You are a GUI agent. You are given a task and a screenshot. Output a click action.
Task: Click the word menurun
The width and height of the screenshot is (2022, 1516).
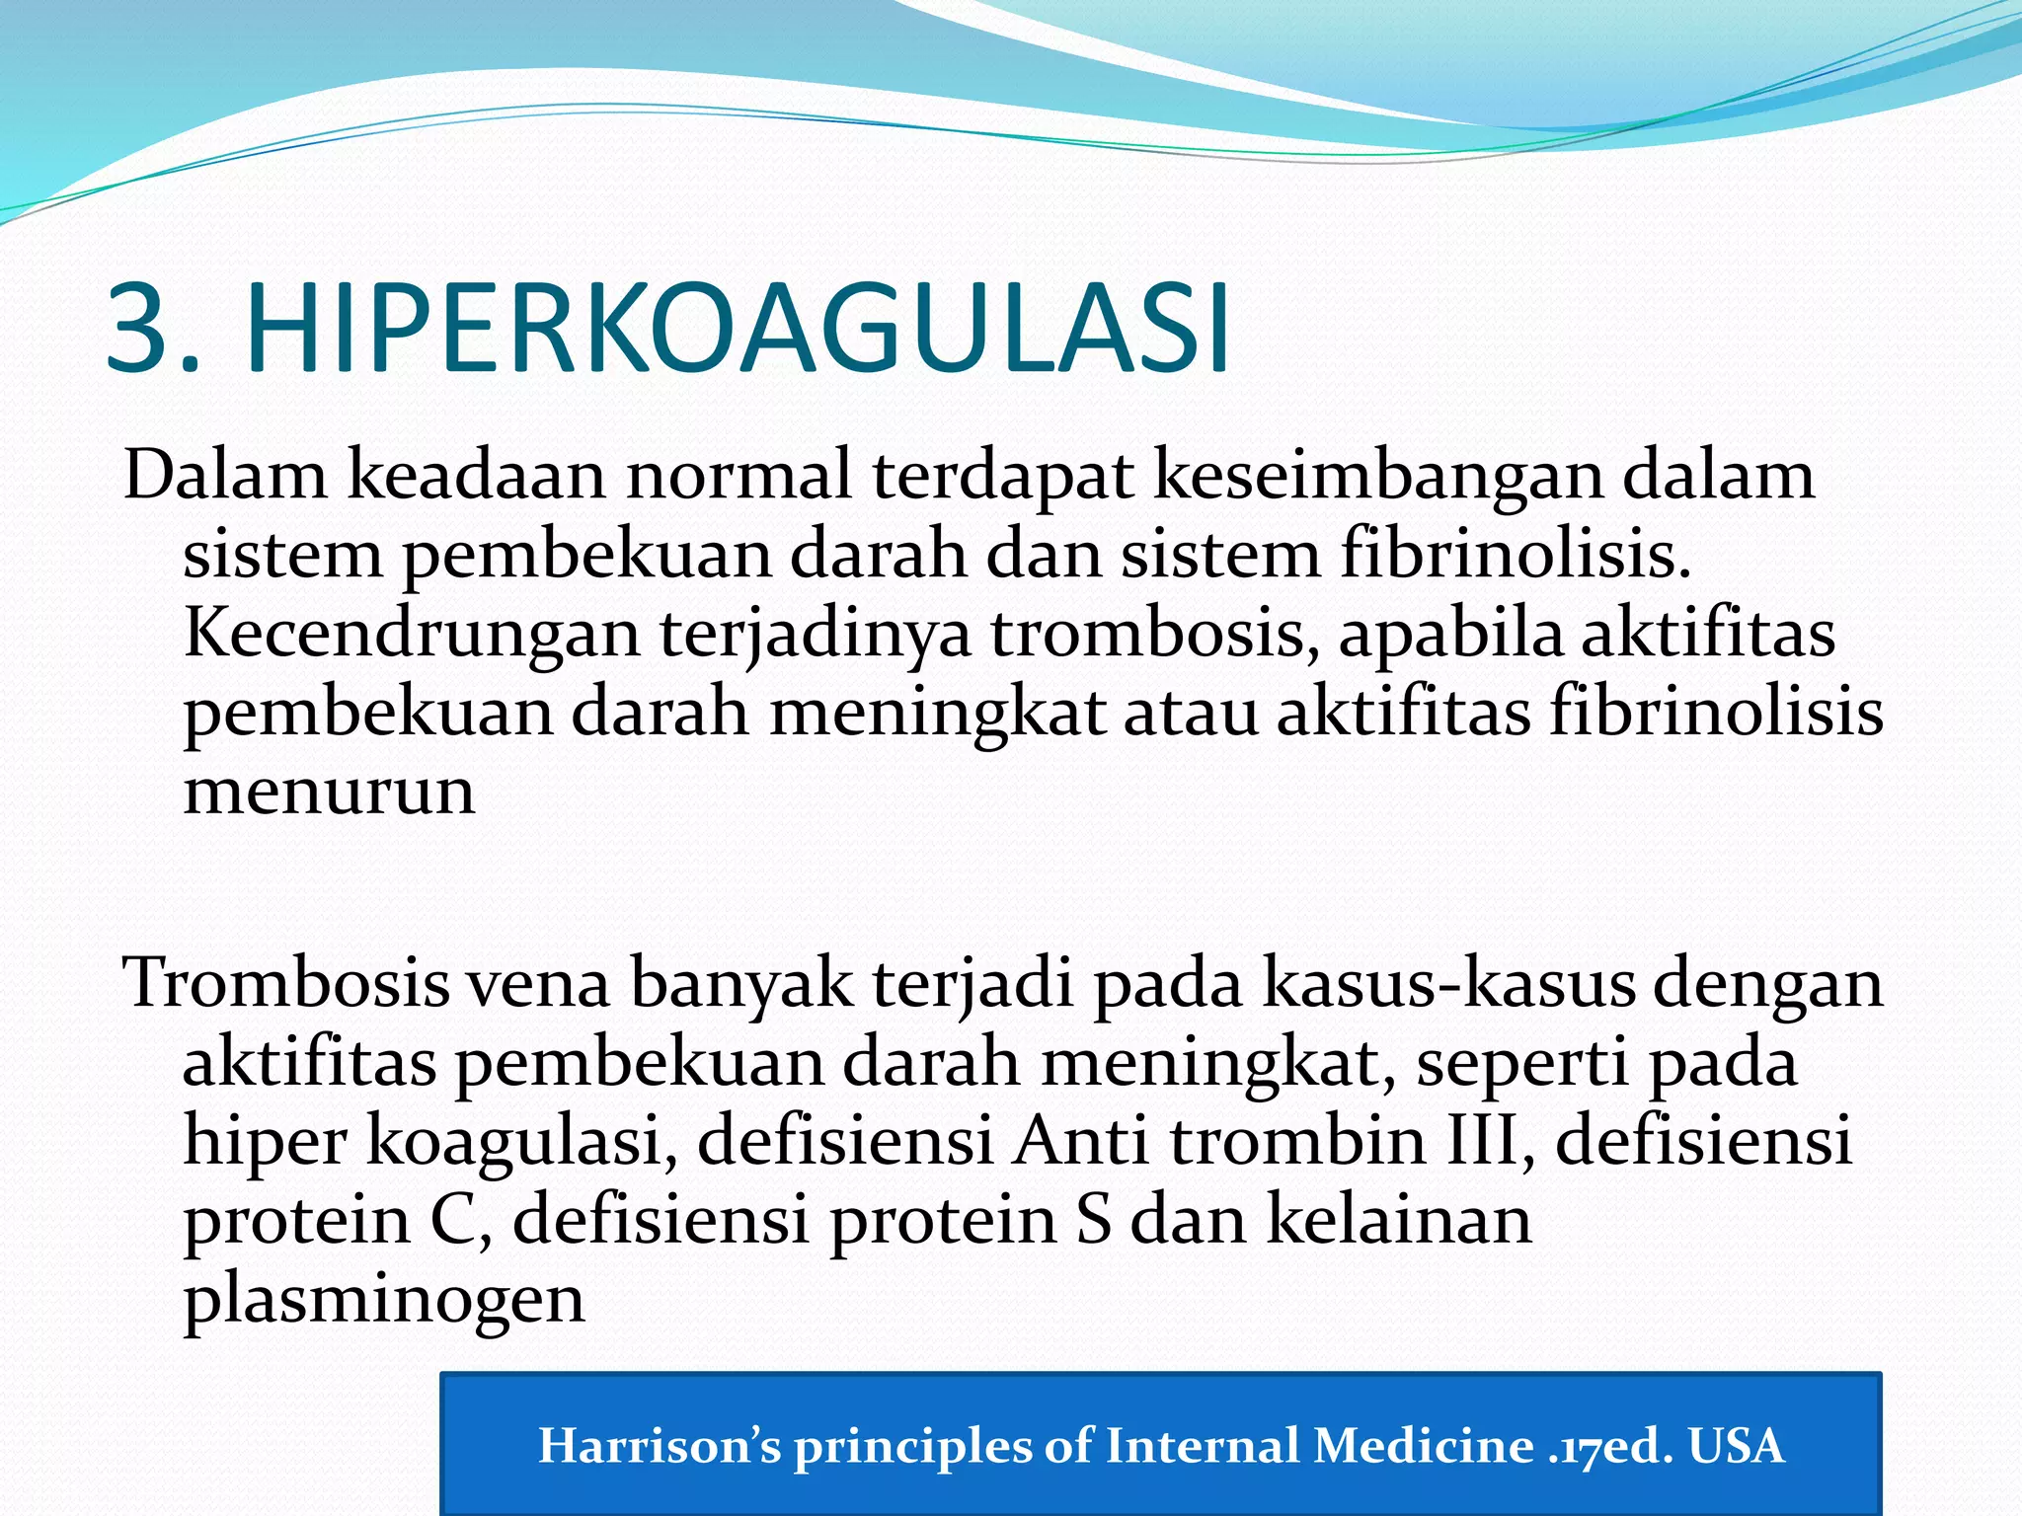click(329, 793)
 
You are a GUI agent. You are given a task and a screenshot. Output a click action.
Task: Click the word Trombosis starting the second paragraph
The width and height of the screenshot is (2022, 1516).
click(286, 985)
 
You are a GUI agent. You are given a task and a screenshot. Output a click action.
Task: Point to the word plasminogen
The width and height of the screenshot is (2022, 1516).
click(384, 1301)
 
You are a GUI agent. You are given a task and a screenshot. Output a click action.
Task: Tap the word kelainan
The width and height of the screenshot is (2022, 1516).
click(1398, 1222)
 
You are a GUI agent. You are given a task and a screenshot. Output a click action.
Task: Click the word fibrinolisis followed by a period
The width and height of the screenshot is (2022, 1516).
click(1515, 556)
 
